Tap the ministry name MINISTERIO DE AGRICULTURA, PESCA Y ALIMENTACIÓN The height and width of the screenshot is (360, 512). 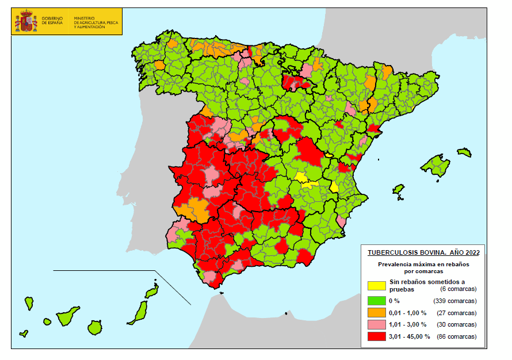click(89, 22)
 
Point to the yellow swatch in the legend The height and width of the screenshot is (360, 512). click(377, 286)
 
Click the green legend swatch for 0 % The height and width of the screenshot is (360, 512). click(377, 301)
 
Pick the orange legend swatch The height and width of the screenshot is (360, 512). click(377, 313)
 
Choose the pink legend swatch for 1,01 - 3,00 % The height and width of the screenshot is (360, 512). click(377, 325)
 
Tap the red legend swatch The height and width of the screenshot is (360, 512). click(377, 336)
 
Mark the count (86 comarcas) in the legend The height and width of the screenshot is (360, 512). click(457, 336)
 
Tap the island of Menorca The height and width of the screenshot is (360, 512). click(464, 153)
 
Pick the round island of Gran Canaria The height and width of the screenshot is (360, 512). click(95, 327)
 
